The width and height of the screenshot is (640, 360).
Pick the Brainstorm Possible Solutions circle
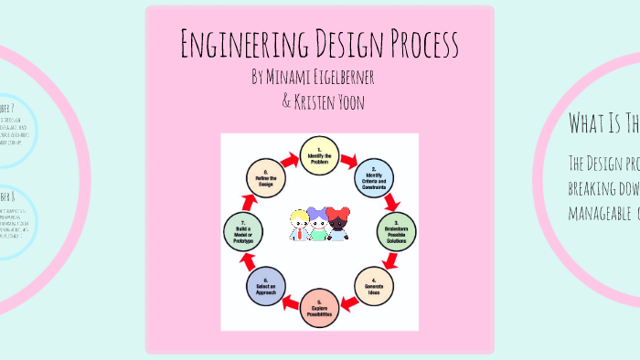(x=396, y=230)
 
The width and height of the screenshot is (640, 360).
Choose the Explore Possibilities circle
(x=319, y=308)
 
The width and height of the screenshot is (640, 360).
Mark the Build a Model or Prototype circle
(x=242, y=231)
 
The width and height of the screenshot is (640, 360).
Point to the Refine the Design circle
(x=266, y=177)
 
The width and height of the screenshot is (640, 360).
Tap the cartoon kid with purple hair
(x=317, y=225)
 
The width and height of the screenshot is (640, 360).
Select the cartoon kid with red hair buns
(x=338, y=224)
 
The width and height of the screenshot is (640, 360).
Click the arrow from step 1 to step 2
(x=349, y=160)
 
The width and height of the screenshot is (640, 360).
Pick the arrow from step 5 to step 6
(x=290, y=302)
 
